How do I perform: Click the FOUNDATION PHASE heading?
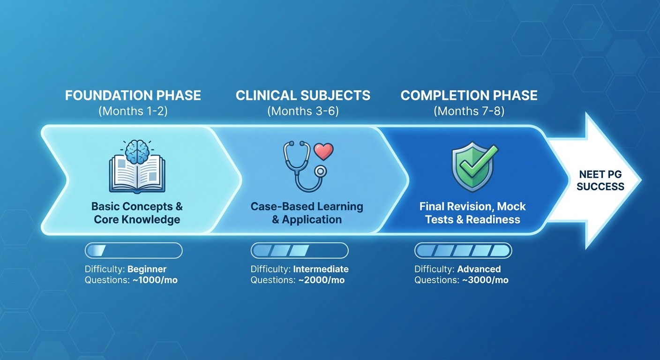(x=133, y=96)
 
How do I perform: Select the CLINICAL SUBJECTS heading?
(x=303, y=96)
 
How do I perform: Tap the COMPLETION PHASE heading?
(x=469, y=96)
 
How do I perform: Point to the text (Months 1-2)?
(x=133, y=112)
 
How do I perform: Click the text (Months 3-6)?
(x=303, y=112)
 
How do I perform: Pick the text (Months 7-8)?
(x=469, y=112)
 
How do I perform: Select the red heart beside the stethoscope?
(x=323, y=151)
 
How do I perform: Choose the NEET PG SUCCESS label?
(x=600, y=180)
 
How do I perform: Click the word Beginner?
(x=147, y=269)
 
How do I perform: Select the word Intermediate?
(x=321, y=269)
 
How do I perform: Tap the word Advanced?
(x=479, y=269)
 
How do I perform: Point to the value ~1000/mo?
(x=152, y=280)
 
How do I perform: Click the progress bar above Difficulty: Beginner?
(x=134, y=251)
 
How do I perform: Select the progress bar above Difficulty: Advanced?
(x=463, y=251)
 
